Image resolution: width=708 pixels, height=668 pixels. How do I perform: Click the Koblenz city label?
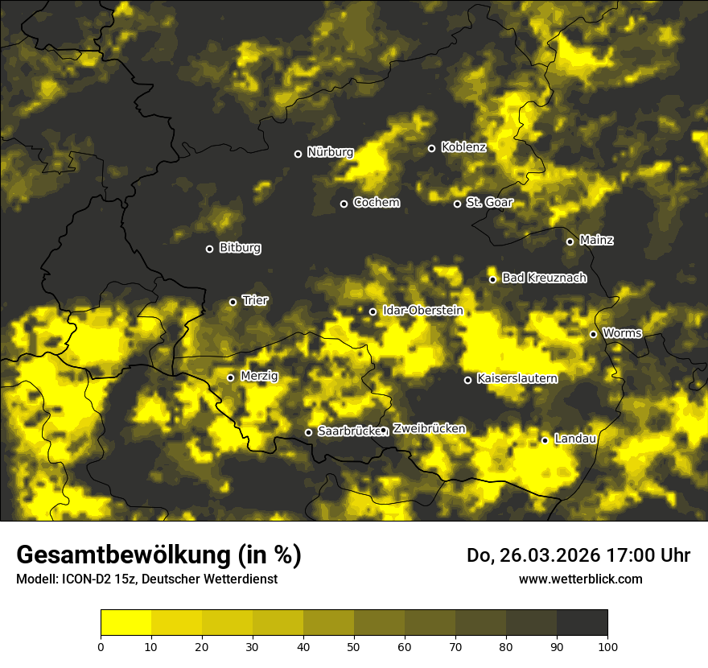463,147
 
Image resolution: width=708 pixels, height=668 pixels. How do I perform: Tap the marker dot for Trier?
233,302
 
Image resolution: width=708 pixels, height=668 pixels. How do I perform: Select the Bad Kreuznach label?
544,278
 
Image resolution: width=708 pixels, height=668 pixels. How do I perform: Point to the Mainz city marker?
570,241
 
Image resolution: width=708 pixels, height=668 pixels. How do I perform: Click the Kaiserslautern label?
517,378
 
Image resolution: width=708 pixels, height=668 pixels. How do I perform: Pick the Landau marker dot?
545,440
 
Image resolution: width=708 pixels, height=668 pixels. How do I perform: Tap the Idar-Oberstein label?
422,310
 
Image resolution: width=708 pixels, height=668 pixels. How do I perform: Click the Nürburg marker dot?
298,154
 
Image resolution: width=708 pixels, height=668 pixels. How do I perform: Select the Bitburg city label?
240,248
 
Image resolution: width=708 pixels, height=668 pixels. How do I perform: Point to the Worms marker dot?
593,334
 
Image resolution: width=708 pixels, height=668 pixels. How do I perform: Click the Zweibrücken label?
429,429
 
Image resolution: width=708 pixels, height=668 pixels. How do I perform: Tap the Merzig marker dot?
230,377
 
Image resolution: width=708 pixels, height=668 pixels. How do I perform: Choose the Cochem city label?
376,202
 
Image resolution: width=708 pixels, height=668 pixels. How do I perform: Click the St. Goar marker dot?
457,204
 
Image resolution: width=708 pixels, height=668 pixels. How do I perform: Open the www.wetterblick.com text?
580,579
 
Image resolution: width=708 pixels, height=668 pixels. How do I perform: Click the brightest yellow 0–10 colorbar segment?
126,622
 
